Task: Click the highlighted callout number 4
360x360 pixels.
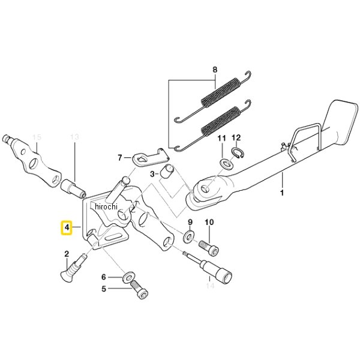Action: [67, 228]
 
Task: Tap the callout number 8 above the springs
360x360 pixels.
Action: [215, 70]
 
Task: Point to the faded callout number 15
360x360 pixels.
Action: [37, 137]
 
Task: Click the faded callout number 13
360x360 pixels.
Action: [75, 137]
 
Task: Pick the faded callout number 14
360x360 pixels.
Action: [211, 286]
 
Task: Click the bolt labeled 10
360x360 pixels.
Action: [208, 247]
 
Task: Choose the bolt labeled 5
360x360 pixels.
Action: [139, 290]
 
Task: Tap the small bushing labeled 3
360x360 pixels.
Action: [168, 170]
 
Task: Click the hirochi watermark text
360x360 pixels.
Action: [106, 206]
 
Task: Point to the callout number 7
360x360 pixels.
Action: [120, 158]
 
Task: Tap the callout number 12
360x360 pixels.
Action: [236, 137]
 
